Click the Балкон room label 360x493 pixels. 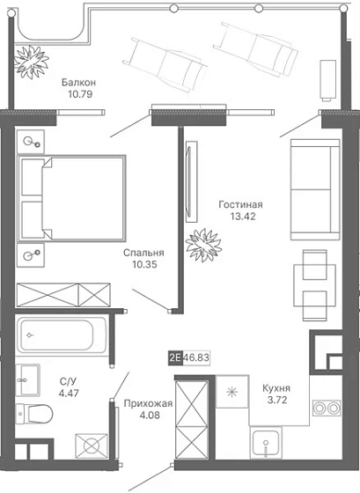tap(78, 83)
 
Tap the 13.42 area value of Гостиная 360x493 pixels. tap(242, 217)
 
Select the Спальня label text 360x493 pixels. tap(143, 253)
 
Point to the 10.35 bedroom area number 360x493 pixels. tap(144, 264)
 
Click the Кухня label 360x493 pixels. tap(276, 388)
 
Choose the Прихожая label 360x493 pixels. tap(148, 403)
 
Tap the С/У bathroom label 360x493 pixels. tap(68, 381)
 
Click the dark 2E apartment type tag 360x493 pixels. tap(175, 357)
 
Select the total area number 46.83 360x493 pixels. tap(196, 357)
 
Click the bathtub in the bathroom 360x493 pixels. tap(61, 335)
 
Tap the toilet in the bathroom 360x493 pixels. tap(34, 413)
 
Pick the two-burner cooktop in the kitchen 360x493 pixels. tap(327, 408)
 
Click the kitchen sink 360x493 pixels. tap(266, 442)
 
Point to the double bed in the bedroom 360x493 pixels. tap(71, 198)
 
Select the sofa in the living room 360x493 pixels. tap(315, 189)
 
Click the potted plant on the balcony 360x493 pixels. tap(32, 62)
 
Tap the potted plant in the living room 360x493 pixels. tap(203, 245)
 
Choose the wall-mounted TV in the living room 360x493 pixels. tap(191, 181)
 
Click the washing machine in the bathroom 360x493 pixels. tap(92, 445)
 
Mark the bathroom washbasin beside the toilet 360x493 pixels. tap(28, 379)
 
